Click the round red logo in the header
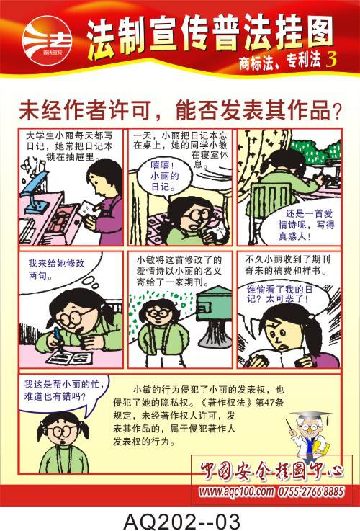pyautogui.click(x=48, y=40)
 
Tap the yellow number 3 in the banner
pyautogui.click(x=331, y=60)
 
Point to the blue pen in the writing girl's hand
pyautogui.click(x=59, y=339)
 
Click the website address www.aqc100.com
pyautogui.click(x=236, y=491)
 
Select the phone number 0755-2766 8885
pyautogui.click(x=310, y=491)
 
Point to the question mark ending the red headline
pyautogui.click(x=337, y=112)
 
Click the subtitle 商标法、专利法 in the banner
pyautogui.click(x=280, y=61)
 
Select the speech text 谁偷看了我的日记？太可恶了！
pyautogui.click(x=279, y=294)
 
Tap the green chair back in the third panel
pyautogui.click(x=269, y=200)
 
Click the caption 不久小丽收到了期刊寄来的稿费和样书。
pyautogui.click(x=287, y=265)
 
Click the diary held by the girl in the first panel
pyautogui.click(x=86, y=209)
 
